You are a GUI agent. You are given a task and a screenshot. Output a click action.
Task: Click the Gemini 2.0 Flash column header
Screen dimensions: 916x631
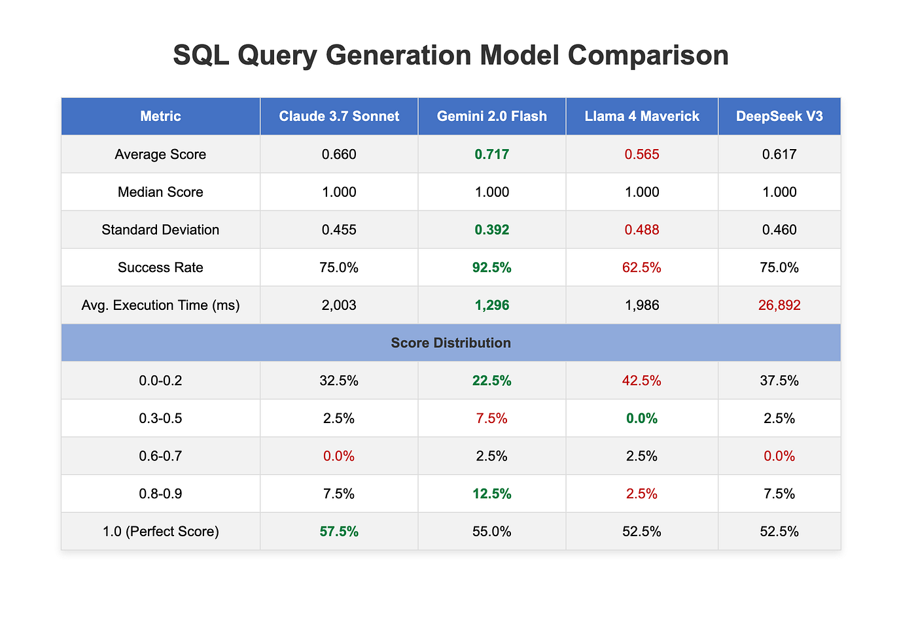[491, 116]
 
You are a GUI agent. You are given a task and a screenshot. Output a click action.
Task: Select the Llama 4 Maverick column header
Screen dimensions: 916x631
[642, 116]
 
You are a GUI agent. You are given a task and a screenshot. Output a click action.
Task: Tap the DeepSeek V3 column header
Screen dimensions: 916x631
[779, 116]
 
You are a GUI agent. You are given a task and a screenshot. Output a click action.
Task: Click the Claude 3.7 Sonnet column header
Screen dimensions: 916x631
[339, 116]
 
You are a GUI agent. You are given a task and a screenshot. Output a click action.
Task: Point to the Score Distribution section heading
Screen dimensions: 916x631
[451, 343]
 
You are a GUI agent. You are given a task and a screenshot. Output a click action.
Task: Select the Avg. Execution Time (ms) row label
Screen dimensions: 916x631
[160, 305]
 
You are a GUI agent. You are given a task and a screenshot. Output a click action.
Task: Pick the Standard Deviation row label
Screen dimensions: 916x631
[160, 230]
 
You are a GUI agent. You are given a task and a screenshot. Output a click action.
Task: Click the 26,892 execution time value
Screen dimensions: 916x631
[779, 305]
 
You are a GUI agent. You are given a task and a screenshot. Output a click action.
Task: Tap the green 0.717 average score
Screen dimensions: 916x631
[491, 154]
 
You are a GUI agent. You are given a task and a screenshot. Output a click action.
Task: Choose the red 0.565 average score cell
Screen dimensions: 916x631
[642, 154]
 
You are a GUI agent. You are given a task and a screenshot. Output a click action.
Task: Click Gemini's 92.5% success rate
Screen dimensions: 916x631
[491, 267]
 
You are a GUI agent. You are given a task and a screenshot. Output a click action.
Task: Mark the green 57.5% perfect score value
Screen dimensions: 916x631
[339, 531]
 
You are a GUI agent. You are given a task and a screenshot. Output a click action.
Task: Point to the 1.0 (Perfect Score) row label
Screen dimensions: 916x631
[160, 531]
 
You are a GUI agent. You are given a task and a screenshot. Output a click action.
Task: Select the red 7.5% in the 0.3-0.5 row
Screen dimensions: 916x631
[491, 418]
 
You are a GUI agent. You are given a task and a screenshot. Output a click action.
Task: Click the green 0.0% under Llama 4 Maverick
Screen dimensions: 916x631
[642, 418]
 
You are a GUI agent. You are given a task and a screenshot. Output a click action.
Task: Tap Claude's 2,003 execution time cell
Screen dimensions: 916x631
[339, 305]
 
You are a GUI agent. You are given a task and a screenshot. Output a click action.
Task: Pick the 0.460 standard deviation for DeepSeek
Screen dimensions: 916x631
[779, 230]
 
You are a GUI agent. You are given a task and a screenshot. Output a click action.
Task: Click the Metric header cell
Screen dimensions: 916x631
[160, 116]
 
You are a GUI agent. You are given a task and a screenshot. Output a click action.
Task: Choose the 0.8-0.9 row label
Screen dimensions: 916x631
[160, 494]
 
